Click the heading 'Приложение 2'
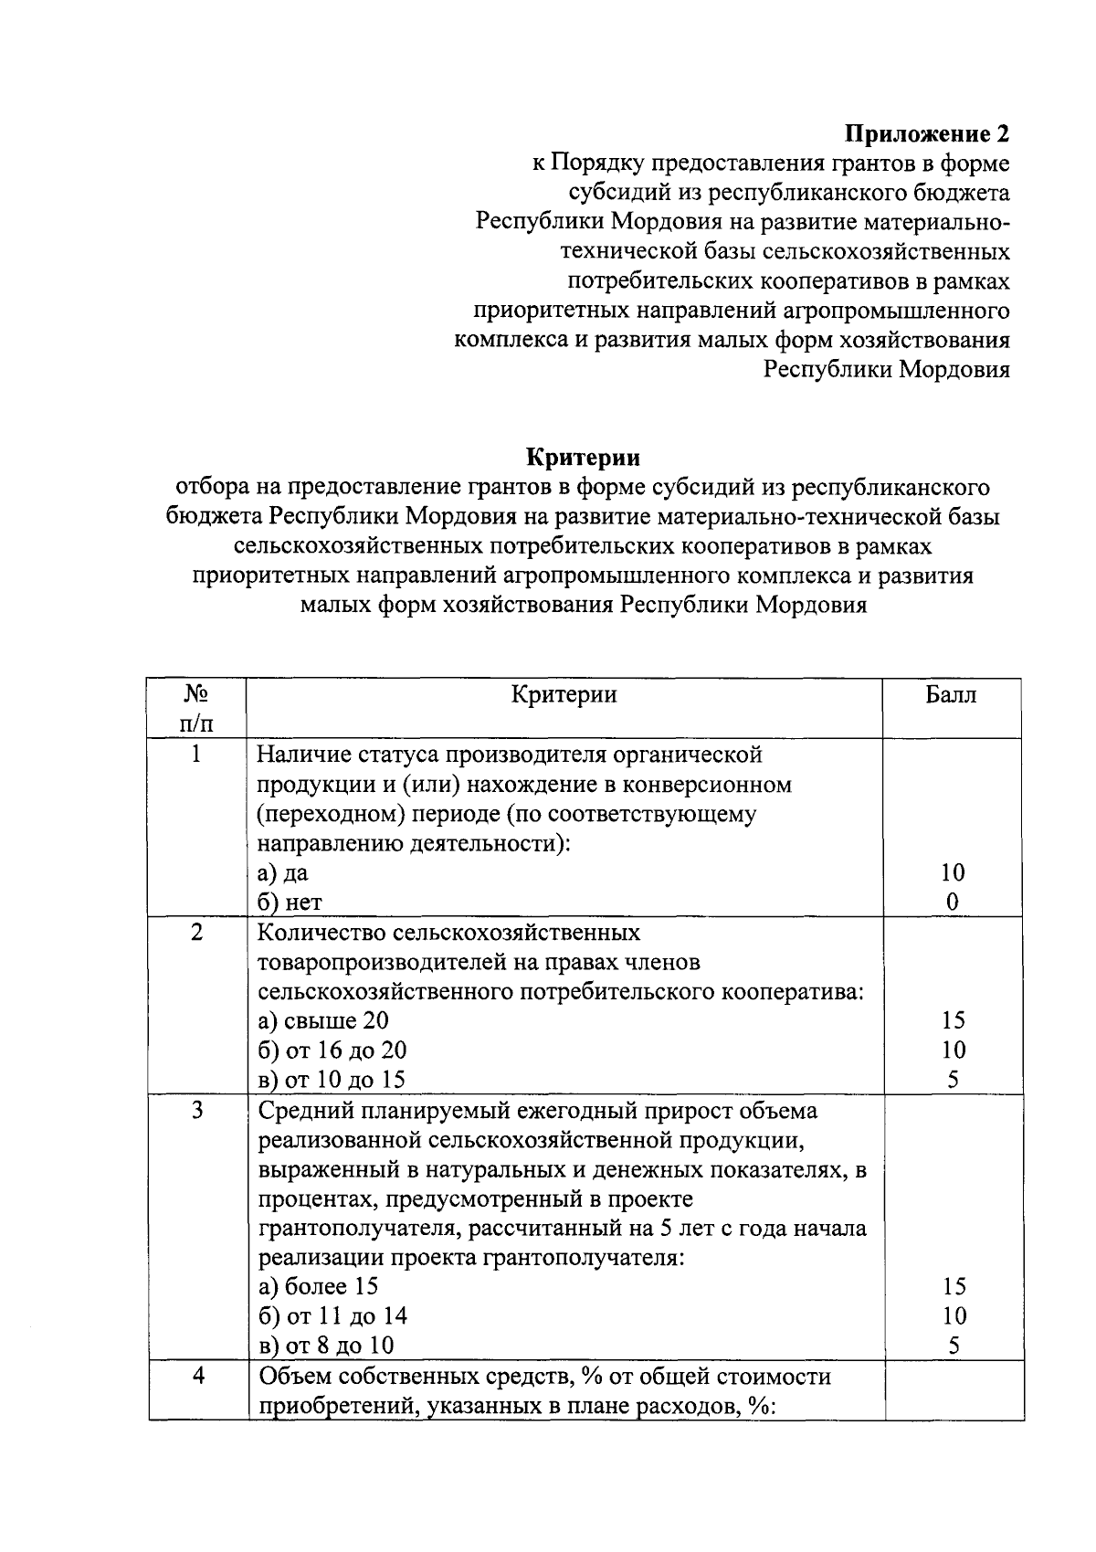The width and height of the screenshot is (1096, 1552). click(x=927, y=134)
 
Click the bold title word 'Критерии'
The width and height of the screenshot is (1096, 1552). click(x=583, y=457)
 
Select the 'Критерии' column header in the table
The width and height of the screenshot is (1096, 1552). click(x=564, y=695)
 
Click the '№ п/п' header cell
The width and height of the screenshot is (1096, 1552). click(x=197, y=709)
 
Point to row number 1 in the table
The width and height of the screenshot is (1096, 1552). click(x=196, y=755)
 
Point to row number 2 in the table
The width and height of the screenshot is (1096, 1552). click(x=196, y=933)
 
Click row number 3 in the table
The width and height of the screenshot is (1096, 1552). click(x=196, y=1111)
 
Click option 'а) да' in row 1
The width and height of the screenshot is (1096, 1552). click(x=283, y=872)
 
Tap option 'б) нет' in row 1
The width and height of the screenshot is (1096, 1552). click(x=290, y=903)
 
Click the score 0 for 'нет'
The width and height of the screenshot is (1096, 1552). click(x=953, y=903)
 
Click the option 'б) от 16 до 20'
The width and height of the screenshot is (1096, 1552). click(x=332, y=1051)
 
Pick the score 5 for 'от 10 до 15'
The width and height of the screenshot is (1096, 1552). click(x=953, y=1080)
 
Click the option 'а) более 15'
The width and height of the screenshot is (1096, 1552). click(x=319, y=1287)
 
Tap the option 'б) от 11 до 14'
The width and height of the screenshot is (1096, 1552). click(x=332, y=1316)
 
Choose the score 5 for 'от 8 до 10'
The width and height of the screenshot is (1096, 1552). click(x=953, y=1346)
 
